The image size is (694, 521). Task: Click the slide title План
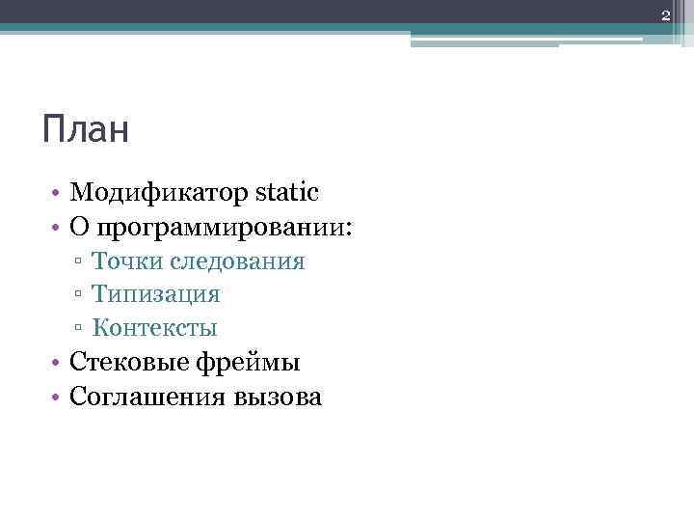[86, 129]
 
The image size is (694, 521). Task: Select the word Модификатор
[160, 193]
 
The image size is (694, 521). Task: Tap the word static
[287, 192]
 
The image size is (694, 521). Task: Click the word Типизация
[155, 293]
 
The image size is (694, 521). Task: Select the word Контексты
[154, 327]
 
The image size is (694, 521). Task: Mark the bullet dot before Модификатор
[59, 194]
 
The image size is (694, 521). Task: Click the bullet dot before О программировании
[59, 229]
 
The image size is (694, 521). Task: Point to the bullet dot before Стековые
[59, 363]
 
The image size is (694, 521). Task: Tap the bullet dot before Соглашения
[59, 397]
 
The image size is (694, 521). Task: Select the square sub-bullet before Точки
[76, 262]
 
